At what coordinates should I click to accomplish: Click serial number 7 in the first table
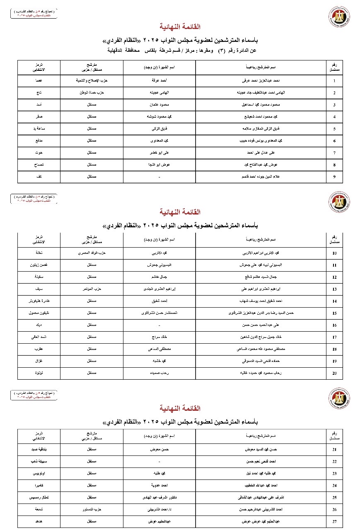(x=334, y=153)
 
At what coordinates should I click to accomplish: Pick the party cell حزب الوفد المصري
(x=92, y=253)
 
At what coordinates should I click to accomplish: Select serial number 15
(x=334, y=313)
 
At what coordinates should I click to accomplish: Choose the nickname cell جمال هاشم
(x=159, y=277)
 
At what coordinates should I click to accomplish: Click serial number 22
(x=334, y=461)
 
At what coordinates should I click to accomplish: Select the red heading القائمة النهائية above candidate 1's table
(x=180, y=27)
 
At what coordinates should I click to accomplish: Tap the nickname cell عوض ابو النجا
(x=159, y=165)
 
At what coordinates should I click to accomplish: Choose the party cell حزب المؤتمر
(x=92, y=289)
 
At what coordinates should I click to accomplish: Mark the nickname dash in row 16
(x=159, y=325)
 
